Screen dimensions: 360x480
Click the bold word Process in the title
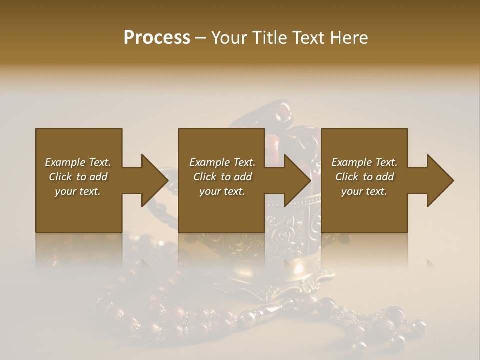[x=157, y=38]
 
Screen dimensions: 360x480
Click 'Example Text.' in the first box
[x=78, y=162]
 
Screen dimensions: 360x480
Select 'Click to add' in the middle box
[x=222, y=177]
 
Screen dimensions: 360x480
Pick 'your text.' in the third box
[x=364, y=191]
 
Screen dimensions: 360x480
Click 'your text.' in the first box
[x=78, y=191]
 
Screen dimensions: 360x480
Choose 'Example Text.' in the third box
[x=364, y=162]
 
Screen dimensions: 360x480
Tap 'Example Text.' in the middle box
[x=222, y=162]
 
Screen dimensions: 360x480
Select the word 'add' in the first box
[x=99, y=177]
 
